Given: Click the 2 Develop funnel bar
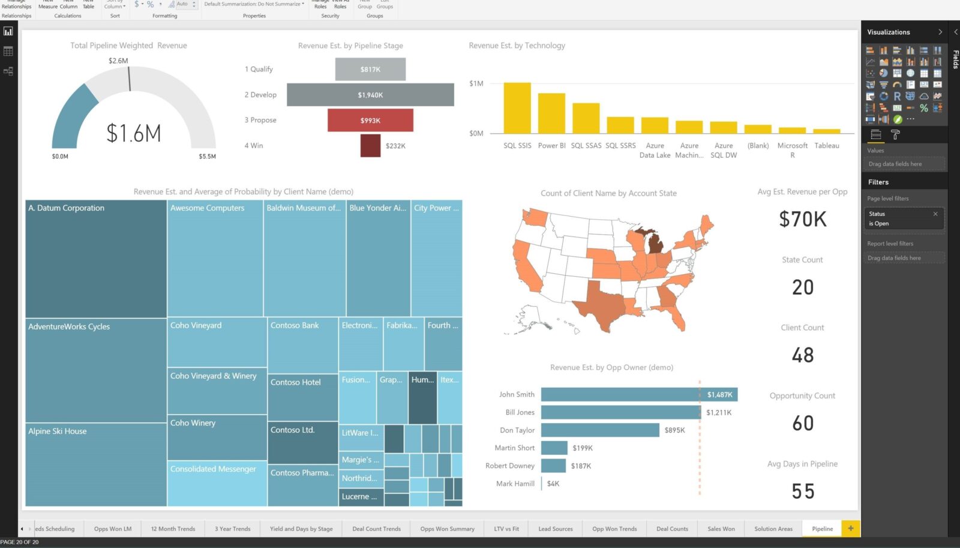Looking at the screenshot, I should (x=370, y=95).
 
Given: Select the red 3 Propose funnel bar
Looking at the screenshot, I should (x=370, y=120).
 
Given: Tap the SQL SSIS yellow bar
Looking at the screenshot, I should (x=517, y=108).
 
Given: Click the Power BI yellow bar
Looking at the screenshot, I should (x=551, y=113).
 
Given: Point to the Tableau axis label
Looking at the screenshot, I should (x=827, y=146).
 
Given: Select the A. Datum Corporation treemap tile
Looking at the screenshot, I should (x=96, y=259).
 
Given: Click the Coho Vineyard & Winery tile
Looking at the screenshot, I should (x=217, y=391).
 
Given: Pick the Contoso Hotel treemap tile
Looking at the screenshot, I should (x=302, y=397).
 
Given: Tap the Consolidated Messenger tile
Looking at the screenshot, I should (x=217, y=483).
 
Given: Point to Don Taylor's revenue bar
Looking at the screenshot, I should (x=600, y=430).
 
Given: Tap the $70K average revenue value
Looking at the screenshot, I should (x=803, y=220).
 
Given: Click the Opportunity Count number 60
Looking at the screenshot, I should (x=803, y=423).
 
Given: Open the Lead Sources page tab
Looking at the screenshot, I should (x=555, y=529).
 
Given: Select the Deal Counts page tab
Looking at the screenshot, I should (x=672, y=529).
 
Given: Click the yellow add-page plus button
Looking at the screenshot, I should (x=851, y=528).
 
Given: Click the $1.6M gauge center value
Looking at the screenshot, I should (x=134, y=133).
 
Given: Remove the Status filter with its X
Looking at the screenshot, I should (x=935, y=214).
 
